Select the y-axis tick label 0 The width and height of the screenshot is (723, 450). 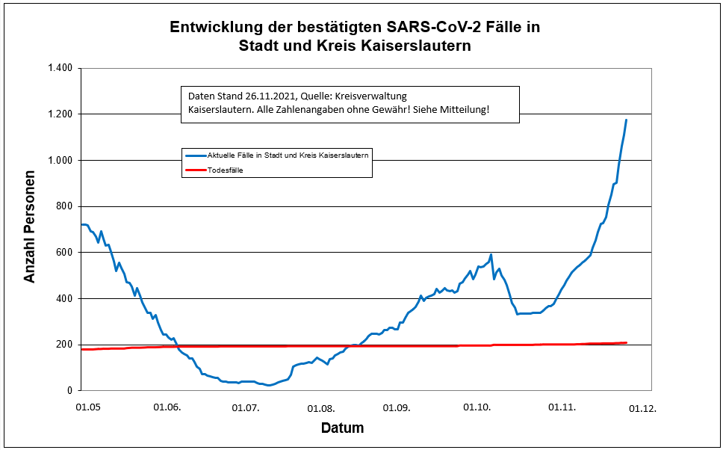(x=69, y=391)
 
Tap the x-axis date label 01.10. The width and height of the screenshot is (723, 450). (x=477, y=408)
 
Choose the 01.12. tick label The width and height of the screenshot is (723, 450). (x=642, y=408)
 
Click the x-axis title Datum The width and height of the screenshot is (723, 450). (x=342, y=428)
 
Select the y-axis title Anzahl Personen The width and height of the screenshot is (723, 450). (x=30, y=229)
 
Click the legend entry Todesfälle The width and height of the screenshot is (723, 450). (x=225, y=170)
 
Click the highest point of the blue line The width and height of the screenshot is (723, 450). (x=626, y=120)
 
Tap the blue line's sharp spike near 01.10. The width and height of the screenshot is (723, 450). (x=491, y=255)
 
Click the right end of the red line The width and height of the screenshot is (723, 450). (x=626, y=342)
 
